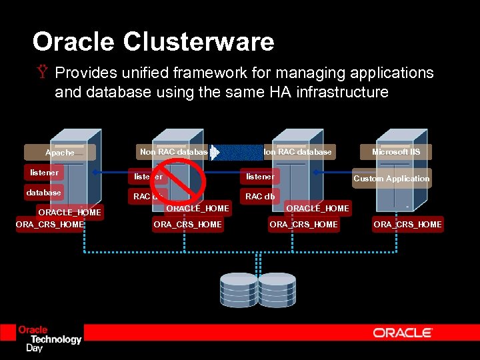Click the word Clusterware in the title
point(199,42)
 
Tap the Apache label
point(59,153)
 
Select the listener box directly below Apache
point(44,173)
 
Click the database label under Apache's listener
point(43,193)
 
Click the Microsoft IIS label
point(396,152)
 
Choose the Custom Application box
point(391,179)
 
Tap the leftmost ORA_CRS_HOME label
point(50,225)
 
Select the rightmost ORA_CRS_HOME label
point(407,225)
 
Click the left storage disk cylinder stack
point(238,289)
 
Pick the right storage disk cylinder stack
point(277,289)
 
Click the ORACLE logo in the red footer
point(403,332)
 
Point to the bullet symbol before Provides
point(43,73)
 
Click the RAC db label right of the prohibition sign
point(260,197)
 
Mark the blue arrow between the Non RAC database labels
point(239,152)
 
